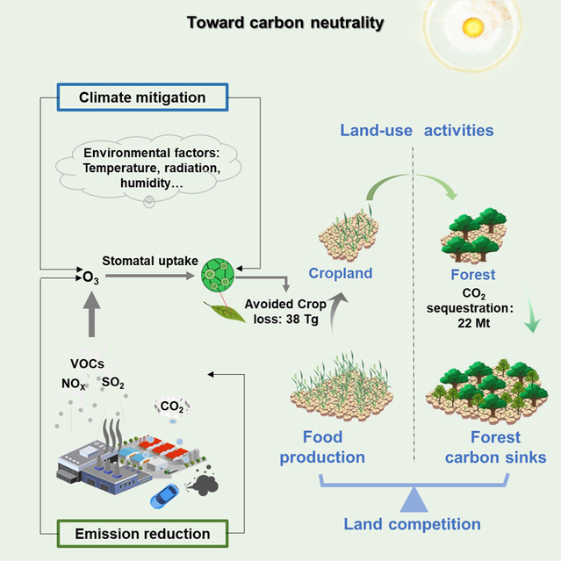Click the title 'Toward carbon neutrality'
(285, 22)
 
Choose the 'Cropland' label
(341, 274)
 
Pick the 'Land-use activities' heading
(417, 131)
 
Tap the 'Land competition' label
(412, 524)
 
